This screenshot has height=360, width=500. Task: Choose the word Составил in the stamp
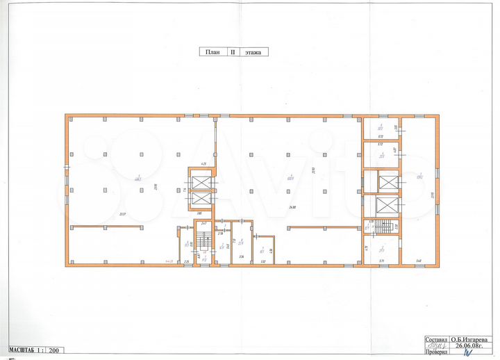pyautogui.click(x=436, y=341)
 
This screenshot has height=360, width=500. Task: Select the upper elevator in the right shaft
pyautogui.click(x=387, y=183)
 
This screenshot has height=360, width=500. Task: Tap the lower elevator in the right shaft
pyautogui.click(x=387, y=206)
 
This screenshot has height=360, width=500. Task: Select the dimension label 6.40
pyautogui.click(x=419, y=261)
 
